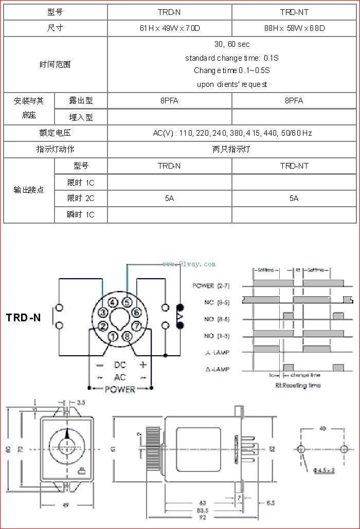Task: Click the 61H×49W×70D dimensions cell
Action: (x=169, y=28)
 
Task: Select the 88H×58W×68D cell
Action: (x=294, y=28)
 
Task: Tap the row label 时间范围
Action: (x=55, y=64)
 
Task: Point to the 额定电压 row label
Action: (x=55, y=133)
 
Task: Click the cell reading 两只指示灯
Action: (x=231, y=150)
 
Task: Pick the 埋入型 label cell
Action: (x=81, y=117)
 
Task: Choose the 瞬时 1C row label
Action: (x=81, y=215)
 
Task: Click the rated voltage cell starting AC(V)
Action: (x=232, y=133)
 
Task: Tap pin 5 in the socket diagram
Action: (x=127, y=303)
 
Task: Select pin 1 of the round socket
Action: (x=113, y=337)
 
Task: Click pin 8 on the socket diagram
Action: (x=127, y=337)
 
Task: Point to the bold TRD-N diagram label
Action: (x=24, y=318)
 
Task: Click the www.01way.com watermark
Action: (x=189, y=264)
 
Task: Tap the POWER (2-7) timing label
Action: (x=211, y=285)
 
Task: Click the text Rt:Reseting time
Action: (x=298, y=385)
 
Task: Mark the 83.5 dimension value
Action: (x=202, y=510)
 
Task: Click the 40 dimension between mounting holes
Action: (x=322, y=428)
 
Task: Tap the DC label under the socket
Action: (x=120, y=365)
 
